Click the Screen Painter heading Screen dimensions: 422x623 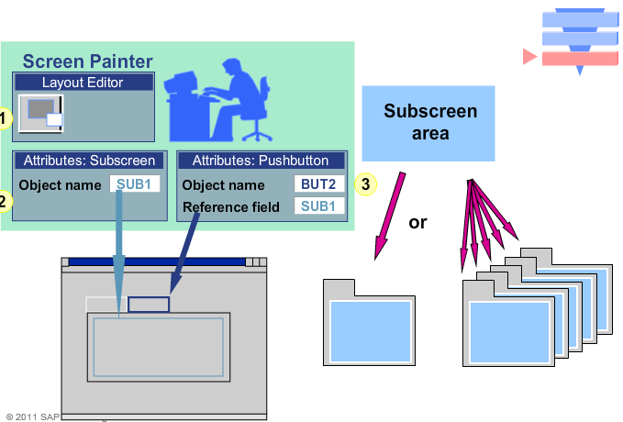(x=87, y=61)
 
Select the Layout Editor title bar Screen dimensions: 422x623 (x=83, y=83)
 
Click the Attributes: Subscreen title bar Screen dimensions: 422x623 (x=90, y=161)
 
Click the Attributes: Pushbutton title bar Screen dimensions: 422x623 (x=262, y=161)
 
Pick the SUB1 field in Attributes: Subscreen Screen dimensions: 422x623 (x=135, y=183)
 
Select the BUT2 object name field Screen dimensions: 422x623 (x=319, y=184)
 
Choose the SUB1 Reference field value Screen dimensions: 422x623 (x=319, y=205)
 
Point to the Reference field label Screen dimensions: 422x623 (x=230, y=206)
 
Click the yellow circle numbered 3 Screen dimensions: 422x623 (x=365, y=184)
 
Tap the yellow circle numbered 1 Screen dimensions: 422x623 (x=4, y=117)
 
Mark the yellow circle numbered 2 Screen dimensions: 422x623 (x=4, y=201)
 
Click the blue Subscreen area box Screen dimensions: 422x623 (x=429, y=123)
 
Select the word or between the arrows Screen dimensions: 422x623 (x=417, y=222)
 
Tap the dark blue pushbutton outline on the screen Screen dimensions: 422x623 (x=149, y=304)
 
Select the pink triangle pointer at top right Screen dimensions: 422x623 (x=529, y=58)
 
